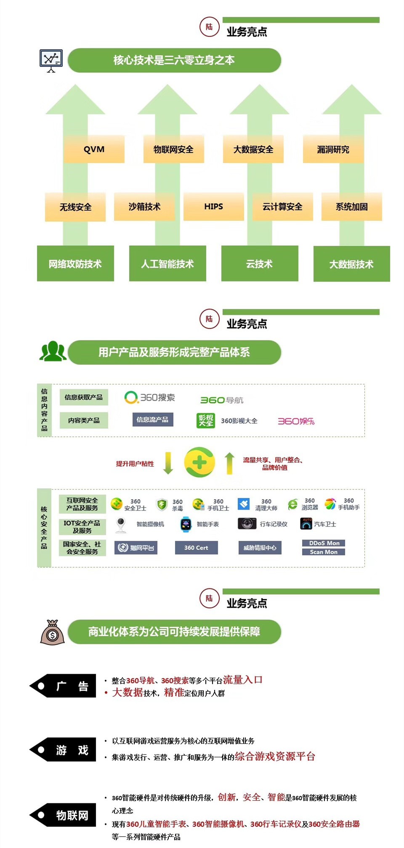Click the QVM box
point(94,149)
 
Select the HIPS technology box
point(213,207)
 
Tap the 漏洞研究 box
point(333,149)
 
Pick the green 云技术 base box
point(259,264)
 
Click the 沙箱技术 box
point(144,207)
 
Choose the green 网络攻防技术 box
point(75,264)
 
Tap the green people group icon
point(53,351)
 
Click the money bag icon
point(53,632)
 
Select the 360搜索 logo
point(149,397)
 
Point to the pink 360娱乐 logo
point(296,421)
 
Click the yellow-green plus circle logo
point(199,463)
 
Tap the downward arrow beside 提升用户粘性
point(168,463)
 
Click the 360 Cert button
point(196,548)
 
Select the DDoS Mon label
point(324,543)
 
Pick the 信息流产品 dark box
point(152,420)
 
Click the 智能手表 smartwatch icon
point(186,524)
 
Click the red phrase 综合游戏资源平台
point(275,756)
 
